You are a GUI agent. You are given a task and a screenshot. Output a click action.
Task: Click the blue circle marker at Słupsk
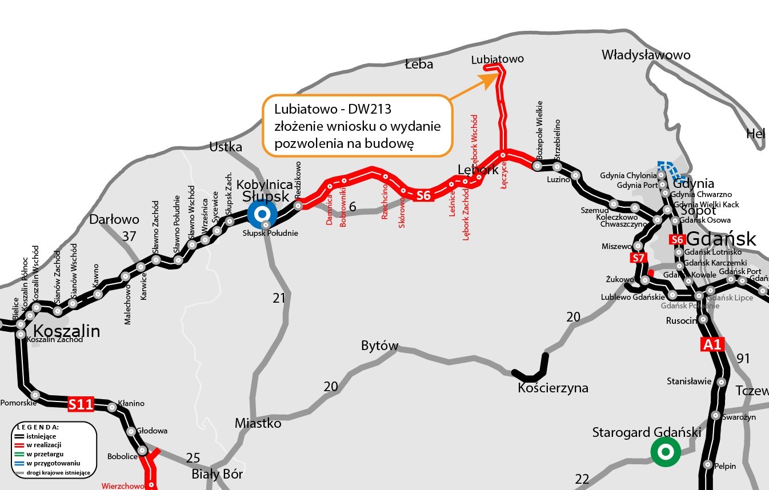[262, 214]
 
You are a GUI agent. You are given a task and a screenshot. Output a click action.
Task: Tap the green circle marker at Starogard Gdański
[665, 452]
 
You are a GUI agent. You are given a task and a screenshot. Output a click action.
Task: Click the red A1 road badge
[712, 344]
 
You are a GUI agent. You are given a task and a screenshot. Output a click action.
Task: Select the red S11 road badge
[80, 404]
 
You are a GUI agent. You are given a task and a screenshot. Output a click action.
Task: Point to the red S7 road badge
[639, 258]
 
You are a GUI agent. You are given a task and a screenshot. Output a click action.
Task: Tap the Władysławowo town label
[646, 55]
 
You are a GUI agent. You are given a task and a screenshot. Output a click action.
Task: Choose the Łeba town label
[419, 64]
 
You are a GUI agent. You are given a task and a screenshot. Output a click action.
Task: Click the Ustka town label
[226, 147]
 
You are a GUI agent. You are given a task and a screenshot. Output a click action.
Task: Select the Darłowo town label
[114, 219]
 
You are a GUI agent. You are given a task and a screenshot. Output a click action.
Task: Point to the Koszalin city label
[66, 331]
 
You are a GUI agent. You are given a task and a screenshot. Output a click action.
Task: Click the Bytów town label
[379, 346]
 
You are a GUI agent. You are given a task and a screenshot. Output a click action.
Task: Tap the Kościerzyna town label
[552, 388]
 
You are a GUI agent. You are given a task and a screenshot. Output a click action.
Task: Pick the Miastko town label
[258, 423]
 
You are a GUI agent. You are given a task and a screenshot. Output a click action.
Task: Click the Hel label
[755, 134]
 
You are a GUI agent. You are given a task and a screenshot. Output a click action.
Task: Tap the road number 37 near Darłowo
[130, 236]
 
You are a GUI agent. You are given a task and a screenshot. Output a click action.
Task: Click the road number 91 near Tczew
[743, 359]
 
